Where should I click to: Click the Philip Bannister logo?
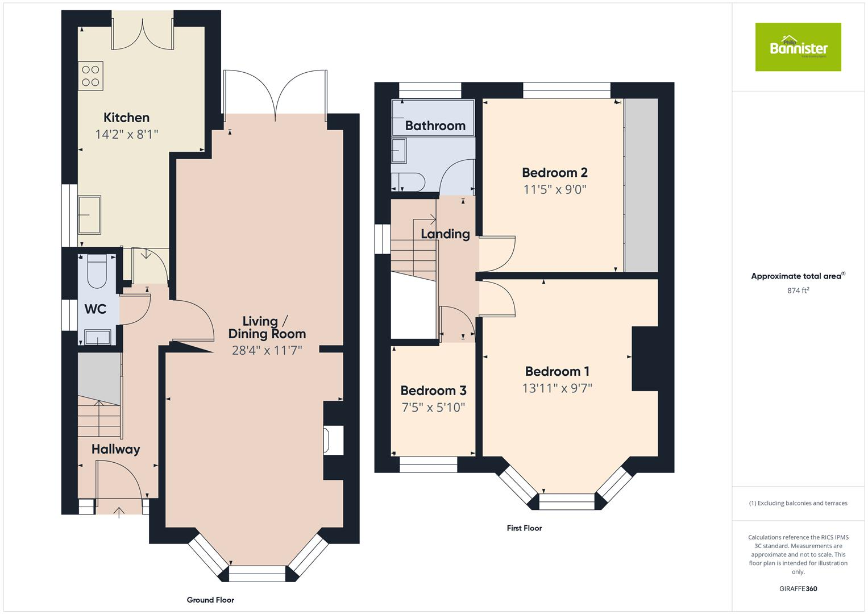[798, 47]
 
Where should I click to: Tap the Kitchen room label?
[126, 118]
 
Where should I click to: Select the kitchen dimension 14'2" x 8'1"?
[126, 135]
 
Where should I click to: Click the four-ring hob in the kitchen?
[91, 76]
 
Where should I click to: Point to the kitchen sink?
[89, 215]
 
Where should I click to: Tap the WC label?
[95, 309]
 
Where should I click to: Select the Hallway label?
[115, 449]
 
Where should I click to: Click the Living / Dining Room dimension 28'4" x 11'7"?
[267, 350]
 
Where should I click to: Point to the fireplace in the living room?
[333, 440]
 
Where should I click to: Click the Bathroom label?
[435, 126]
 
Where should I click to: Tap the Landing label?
[445, 234]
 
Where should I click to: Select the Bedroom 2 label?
[554, 172]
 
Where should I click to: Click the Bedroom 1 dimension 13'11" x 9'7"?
[557, 388]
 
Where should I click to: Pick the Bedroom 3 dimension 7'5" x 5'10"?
[433, 407]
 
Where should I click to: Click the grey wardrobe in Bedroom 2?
[641, 185]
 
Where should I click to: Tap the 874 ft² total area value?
[798, 291]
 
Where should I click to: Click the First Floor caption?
[524, 528]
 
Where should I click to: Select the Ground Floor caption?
[210, 600]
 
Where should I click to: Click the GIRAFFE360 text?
[798, 589]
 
